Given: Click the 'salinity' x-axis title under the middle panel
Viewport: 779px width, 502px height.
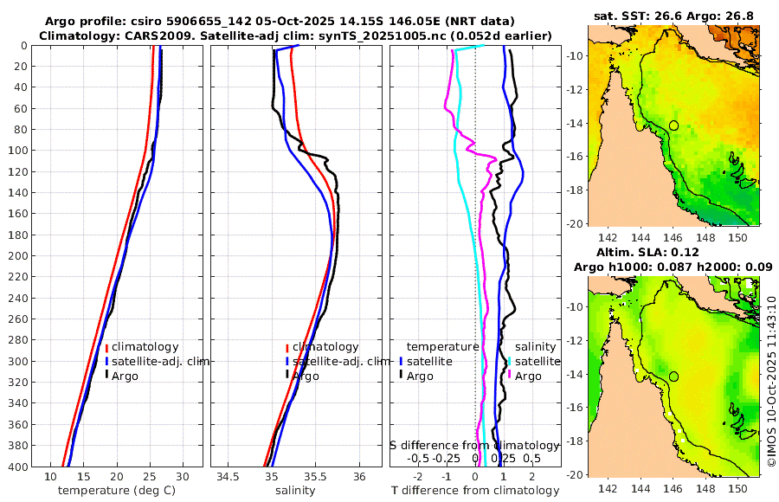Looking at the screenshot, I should [x=294, y=491].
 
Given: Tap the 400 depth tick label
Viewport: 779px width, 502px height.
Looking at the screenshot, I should [x=16, y=467].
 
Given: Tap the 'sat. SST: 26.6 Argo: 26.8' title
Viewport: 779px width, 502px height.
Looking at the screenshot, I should [x=673, y=16].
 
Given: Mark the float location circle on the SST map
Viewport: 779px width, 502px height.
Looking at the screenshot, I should [x=673, y=125].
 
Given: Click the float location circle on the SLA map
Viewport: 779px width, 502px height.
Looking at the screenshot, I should [x=673, y=376].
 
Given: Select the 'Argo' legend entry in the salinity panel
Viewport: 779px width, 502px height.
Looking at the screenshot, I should [x=305, y=376].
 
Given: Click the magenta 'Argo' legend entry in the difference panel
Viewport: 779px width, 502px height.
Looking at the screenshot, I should [x=527, y=376].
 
